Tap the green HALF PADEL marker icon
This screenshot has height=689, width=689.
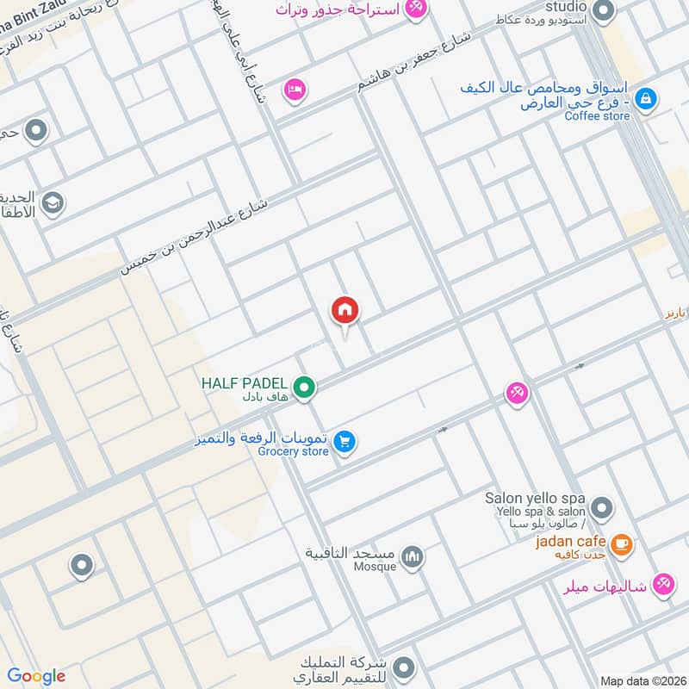coord(303,388)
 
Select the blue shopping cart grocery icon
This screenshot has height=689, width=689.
coord(344,441)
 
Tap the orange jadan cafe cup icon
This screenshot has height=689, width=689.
coord(621,545)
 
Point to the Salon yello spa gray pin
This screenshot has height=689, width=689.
coord(602,507)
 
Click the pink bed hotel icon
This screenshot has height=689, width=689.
coord(295,90)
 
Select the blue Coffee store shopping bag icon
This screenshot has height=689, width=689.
coord(646,100)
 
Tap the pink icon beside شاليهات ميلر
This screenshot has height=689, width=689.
coord(662,585)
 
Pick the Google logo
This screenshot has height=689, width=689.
coord(36,676)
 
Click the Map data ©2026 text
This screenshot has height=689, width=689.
coord(642,680)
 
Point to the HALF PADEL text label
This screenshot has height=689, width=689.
coord(244,382)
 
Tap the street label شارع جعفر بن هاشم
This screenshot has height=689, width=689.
coord(416,64)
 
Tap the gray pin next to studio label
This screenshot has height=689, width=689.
coord(605,11)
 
